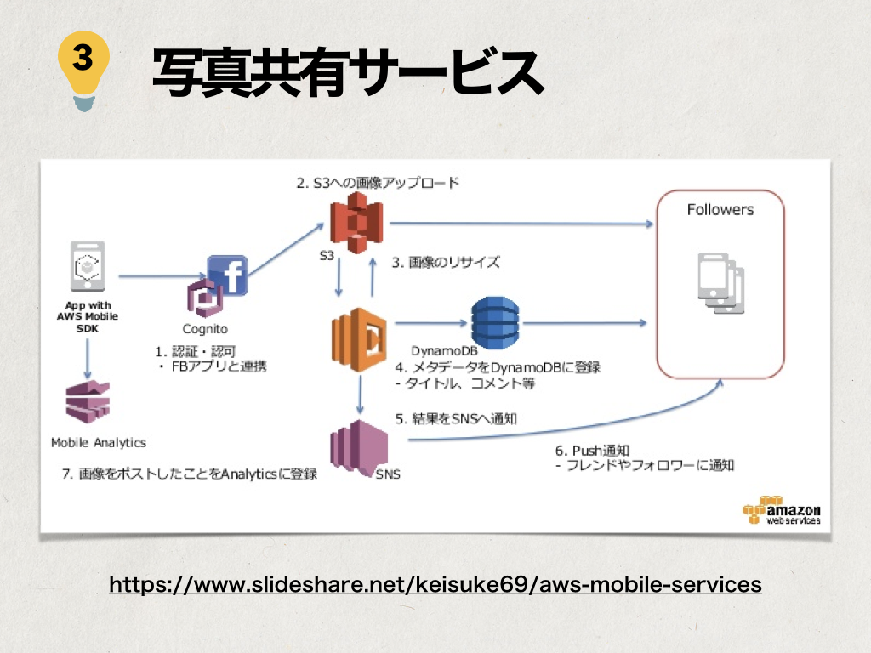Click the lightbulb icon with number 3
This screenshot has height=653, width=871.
point(83,69)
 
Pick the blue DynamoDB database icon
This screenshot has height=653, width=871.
point(494,322)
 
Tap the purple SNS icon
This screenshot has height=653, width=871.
point(358,448)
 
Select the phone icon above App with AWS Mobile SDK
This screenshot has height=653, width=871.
point(88,269)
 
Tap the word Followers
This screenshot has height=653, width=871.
point(720,209)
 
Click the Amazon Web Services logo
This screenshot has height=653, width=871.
point(782,511)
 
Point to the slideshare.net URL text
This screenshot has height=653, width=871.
point(435,585)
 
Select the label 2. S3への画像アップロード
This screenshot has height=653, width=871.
point(378,182)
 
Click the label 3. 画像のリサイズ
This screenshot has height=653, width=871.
point(446,262)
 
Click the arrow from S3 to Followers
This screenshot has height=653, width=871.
point(519,224)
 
